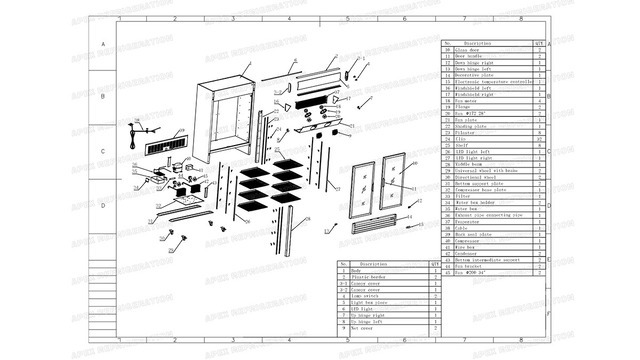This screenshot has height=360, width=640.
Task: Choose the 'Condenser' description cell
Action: (x=476, y=254)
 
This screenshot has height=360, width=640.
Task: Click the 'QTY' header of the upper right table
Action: (x=539, y=43)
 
